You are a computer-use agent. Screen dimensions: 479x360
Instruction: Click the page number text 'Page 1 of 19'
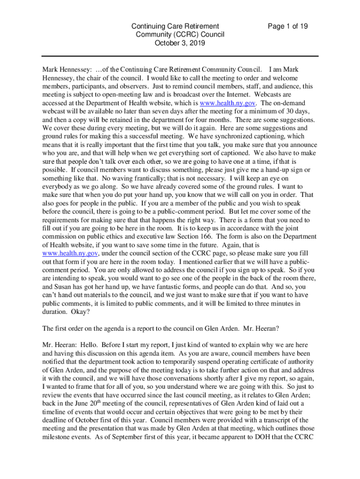[x=288, y=26]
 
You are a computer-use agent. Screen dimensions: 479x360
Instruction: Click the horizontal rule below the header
[x=180, y=56]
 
